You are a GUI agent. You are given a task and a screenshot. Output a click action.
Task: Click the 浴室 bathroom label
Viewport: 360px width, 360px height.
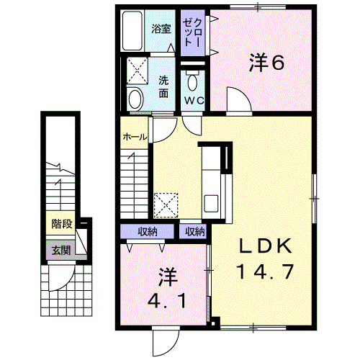click(x=161, y=29)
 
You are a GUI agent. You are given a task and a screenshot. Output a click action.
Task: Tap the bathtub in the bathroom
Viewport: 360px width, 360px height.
click(x=132, y=31)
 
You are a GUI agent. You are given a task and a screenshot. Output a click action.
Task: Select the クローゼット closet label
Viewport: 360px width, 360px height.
click(x=192, y=32)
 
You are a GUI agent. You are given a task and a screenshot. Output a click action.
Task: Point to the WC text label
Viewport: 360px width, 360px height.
click(x=194, y=101)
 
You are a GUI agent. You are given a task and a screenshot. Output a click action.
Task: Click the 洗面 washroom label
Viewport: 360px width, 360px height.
click(x=163, y=86)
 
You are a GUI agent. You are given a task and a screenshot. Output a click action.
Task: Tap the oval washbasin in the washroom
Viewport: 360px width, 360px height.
click(x=135, y=99)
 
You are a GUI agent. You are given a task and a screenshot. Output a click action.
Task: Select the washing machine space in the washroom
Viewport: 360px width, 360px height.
click(x=137, y=71)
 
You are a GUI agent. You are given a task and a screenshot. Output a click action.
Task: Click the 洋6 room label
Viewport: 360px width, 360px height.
click(x=267, y=62)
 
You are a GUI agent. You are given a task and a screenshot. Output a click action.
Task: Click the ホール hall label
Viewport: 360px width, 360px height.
click(x=135, y=138)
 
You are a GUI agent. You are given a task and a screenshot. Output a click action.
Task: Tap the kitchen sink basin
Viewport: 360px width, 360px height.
click(x=211, y=203)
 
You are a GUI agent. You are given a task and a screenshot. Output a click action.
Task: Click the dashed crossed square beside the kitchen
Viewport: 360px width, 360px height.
click(x=166, y=205)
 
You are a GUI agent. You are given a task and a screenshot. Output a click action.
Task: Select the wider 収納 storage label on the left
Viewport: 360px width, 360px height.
click(x=148, y=231)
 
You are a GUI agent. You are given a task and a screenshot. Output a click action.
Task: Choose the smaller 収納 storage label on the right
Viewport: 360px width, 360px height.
click(x=195, y=231)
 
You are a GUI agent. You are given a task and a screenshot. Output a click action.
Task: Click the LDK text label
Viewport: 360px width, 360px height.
click(x=266, y=246)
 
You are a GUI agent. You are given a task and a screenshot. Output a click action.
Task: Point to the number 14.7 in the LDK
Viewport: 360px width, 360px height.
click(x=265, y=271)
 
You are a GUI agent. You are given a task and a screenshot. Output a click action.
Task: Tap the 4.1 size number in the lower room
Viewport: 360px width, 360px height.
click(x=167, y=301)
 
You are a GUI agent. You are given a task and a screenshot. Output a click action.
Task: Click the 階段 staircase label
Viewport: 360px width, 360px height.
click(x=62, y=224)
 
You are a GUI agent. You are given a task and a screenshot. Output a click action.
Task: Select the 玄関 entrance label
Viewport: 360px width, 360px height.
click(x=61, y=251)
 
